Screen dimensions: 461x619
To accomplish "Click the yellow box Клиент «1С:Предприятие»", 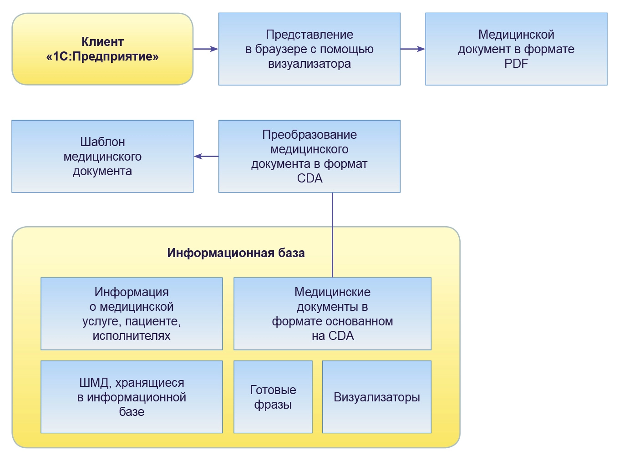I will pyautogui.click(x=102, y=49).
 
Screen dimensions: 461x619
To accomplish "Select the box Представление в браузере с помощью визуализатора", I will pyautogui.click(x=309, y=49).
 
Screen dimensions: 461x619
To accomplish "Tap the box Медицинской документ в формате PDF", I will pyautogui.click(x=516, y=49).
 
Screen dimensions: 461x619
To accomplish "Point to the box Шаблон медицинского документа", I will pyautogui.click(x=102, y=156).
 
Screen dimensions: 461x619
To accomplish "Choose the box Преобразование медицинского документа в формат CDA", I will pyautogui.click(x=309, y=156).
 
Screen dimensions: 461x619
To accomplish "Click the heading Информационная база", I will pyautogui.click(x=236, y=253).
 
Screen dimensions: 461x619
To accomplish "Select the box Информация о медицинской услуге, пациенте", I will pyautogui.click(x=132, y=314).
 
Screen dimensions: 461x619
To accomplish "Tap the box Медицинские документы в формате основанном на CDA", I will pyautogui.click(x=332, y=314).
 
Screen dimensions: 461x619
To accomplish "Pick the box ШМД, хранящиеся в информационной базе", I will pyautogui.click(x=132, y=397).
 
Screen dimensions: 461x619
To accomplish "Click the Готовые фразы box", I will pyautogui.click(x=273, y=397).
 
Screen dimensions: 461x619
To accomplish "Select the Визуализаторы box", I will pyautogui.click(x=376, y=397).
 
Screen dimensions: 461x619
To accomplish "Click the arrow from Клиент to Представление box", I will pyautogui.click(x=206, y=49).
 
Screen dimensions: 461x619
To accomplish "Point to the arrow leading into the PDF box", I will pyautogui.click(x=412, y=49).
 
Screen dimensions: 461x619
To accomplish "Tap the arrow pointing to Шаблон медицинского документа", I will pyautogui.click(x=206, y=156).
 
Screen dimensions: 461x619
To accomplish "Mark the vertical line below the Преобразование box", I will pyautogui.click(x=332, y=234).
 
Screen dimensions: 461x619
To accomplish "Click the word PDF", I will pyautogui.click(x=516, y=64).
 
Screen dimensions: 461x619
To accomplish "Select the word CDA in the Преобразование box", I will pyautogui.click(x=309, y=178).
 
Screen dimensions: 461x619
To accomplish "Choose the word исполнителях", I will pyautogui.click(x=132, y=336).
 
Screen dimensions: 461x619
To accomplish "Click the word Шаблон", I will pyautogui.click(x=102, y=142).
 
